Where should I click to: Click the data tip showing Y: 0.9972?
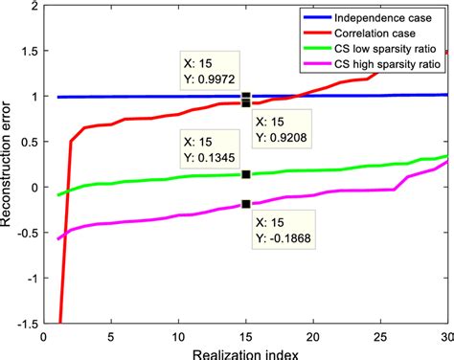210,71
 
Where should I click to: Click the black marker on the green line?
246,174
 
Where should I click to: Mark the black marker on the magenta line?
246,203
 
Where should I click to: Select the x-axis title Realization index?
245,353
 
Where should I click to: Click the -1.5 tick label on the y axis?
27,323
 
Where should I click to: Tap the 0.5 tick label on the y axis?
29,142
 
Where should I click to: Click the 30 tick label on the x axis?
447,336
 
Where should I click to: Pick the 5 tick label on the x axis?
111,336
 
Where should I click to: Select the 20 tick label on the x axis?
313,336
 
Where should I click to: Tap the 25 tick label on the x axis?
380,336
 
